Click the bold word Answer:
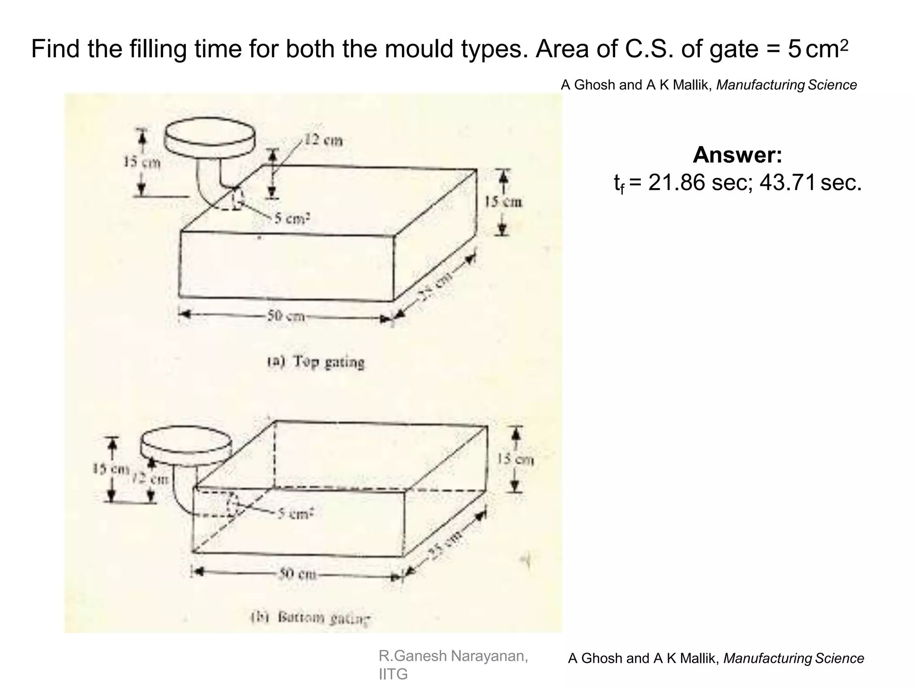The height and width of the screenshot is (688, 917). click(x=737, y=155)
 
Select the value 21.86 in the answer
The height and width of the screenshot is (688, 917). click(x=676, y=183)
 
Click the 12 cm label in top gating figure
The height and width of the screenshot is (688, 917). click(x=323, y=141)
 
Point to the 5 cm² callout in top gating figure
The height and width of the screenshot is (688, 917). click(x=292, y=219)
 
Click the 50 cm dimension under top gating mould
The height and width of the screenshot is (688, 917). click(x=286, y=317)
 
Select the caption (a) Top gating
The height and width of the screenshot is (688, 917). click(x=316, y=361)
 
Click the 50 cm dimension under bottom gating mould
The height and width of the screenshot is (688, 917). click(x=297, y=574)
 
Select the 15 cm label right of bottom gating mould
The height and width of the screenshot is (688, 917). click(x=515, y=459)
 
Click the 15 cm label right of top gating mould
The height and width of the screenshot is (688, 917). click(x=504, y=202)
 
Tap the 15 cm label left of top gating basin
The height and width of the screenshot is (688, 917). click(x=142, y=162)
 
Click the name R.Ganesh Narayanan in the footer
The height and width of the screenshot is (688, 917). click(x=453, y=656)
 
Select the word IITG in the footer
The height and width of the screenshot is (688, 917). click(x=393, y=674)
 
